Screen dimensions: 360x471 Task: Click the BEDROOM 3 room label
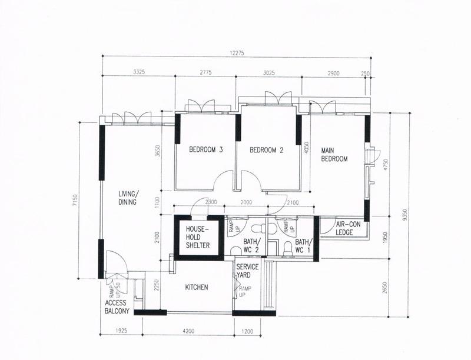click(205, 150)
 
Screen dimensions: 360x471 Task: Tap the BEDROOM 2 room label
click(267, 150)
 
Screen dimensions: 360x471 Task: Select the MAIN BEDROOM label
click(334, 155)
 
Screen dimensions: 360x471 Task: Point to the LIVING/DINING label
click(127, 198)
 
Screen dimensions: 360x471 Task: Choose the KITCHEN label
click(197, 287)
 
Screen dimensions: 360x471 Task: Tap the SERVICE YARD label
click(247, 271)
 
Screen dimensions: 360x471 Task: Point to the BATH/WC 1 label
click(303, 246)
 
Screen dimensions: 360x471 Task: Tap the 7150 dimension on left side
click(75, 201)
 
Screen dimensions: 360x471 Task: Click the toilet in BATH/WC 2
click(256, 228)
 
